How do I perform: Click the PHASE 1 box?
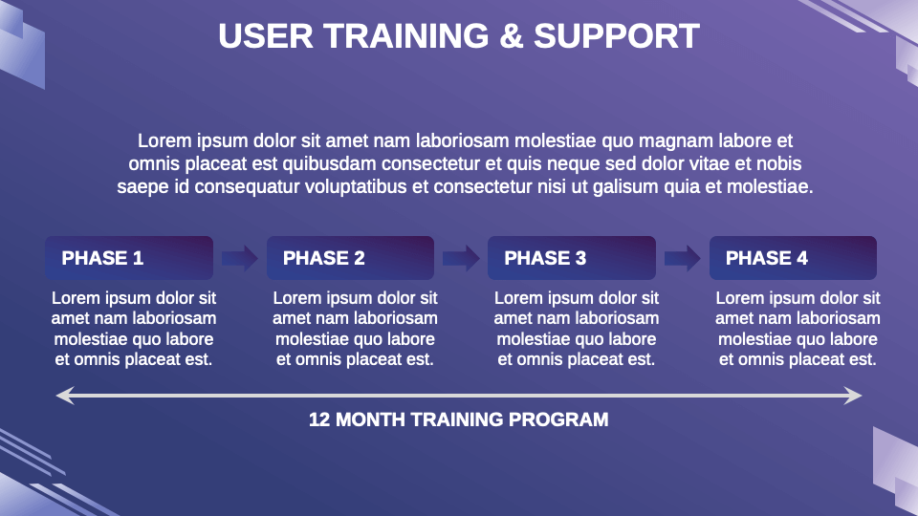pos(128,258)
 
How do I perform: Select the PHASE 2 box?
pos(350,258)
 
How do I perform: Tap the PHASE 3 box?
pos(571,258)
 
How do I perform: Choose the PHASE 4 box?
pos(793,258)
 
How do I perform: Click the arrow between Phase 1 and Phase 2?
pos(239,258)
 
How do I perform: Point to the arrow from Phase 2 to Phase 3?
pos(461,258)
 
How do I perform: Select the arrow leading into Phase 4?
pos(682,258)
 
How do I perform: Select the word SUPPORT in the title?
pos(617,36)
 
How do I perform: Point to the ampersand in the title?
pos(512,36)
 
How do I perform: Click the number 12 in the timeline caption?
pos(319,419)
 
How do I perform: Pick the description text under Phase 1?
pos(134,329)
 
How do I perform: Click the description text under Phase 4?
pos(798,329)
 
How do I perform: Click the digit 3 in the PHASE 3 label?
pos(580,258)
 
